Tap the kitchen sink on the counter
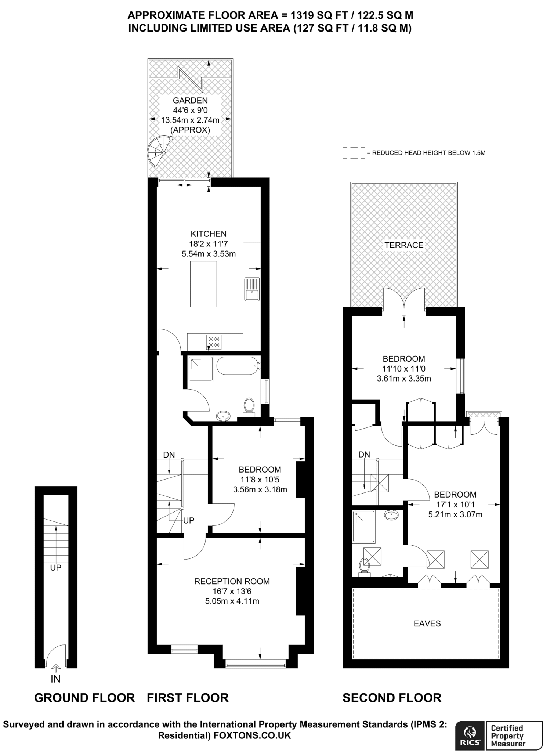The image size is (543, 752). [x=252, y=289]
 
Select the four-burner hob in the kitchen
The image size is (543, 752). [x=214, y=342]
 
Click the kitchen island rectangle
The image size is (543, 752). [x=203, y=284]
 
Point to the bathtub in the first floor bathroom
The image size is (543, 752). [x=238, y=366]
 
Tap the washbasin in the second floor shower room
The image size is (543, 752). [x=392, y=515]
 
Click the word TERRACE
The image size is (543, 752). [x=404, y=245]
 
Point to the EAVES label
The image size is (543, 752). [x=427, y=623]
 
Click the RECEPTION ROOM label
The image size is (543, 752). [x=232, y=581]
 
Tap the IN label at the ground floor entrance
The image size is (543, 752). [x=55, y=679]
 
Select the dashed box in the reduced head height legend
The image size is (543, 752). [x=354, y=153]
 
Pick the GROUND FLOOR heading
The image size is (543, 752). [x=84, y=698]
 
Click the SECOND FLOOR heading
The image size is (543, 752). [x=392, y=698]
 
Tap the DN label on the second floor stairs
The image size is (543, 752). [x=364, y=455]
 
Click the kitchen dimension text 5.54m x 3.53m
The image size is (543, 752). [x=209, y=253]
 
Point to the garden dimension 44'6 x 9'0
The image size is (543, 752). [x=190, y=110]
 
